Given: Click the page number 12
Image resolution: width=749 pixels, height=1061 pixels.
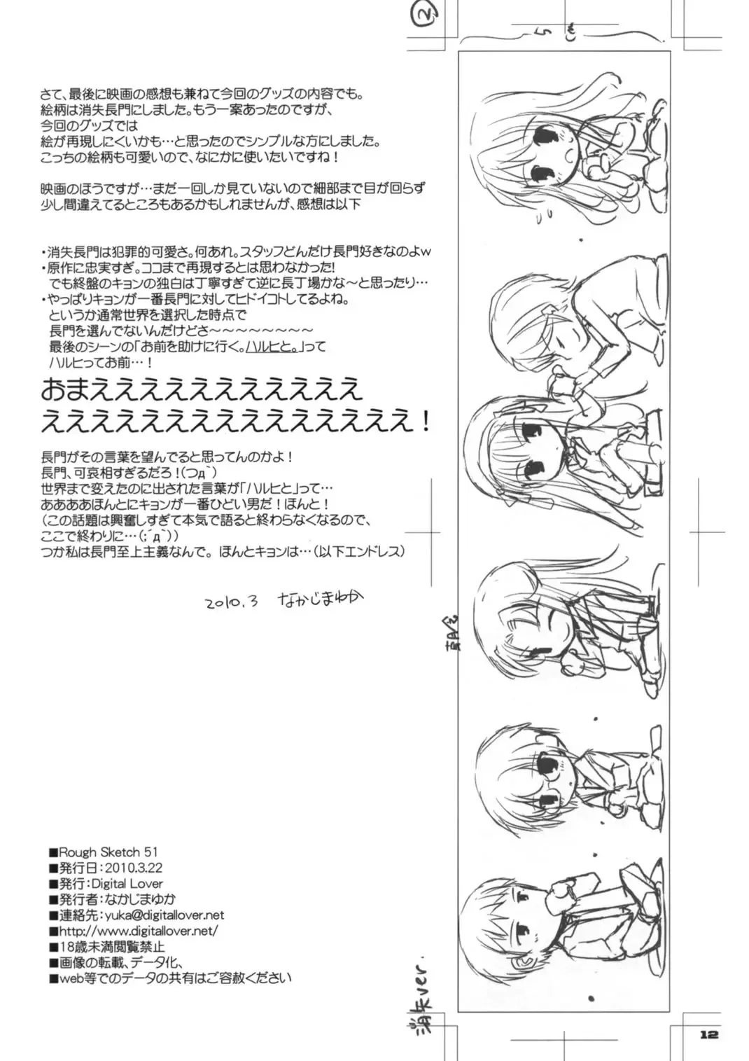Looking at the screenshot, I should (x=708, y=1034).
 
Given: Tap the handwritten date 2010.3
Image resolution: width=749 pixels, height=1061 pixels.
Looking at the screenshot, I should (x=232, y=602).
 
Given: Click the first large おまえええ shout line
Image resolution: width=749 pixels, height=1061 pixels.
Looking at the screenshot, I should (x=202, y=388).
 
